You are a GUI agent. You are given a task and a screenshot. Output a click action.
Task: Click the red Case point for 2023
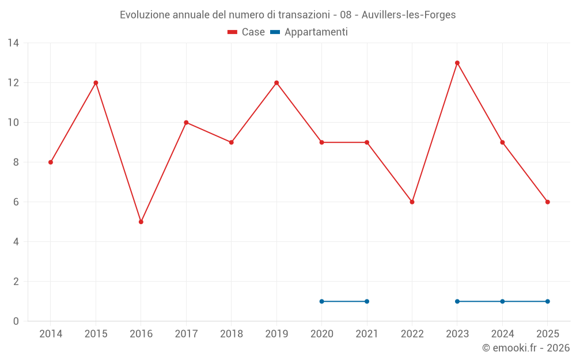[x=457, y=63]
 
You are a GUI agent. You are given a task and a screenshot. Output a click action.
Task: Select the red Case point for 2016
[x=141, y=222]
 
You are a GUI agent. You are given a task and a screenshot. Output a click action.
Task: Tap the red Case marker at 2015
[x=96, y=83]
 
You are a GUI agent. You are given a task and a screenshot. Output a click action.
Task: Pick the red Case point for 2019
[x=276, y=83]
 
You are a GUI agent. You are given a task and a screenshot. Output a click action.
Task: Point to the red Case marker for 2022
[x=412, y=202]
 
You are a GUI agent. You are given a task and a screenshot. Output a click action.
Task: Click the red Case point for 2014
[x=51, y=162]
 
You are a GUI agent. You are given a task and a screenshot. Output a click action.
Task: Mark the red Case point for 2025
[x=548, y=202]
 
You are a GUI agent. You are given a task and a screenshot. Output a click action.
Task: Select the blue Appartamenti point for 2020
[x=322, y=301]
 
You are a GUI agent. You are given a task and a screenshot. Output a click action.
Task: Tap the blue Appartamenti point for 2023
[x=457, y=301]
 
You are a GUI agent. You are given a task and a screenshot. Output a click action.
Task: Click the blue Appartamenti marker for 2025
[x=548, y=301]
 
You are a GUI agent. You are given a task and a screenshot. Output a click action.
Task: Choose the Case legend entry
[x=247, y=32]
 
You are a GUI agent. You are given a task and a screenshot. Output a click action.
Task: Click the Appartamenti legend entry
[x=309, y=32]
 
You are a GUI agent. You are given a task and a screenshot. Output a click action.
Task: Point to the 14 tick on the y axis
[x=13, y=43]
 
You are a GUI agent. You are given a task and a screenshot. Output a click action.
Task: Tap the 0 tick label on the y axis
[x=16, y=321]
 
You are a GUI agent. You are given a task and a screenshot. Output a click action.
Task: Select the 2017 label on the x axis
[x=186, y=334]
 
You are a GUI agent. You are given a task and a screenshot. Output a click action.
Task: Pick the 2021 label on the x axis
[x=367, y=334]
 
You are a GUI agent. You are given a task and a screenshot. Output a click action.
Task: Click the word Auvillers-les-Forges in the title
[x=408, y=15]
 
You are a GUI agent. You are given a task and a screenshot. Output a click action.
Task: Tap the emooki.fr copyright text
[x=526, y=348]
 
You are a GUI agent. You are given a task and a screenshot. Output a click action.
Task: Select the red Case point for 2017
[x=186, y=123]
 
